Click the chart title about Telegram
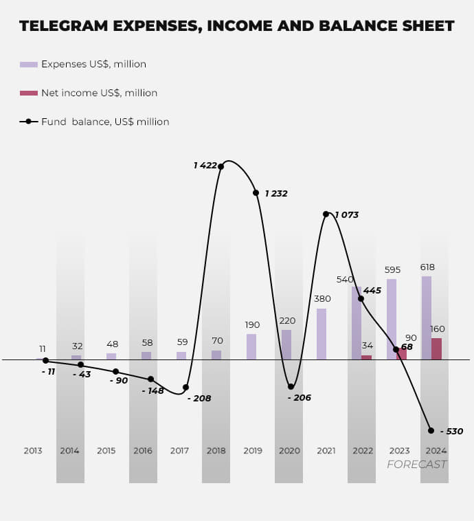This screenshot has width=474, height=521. (236, 26)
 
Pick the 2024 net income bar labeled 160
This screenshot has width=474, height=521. (436, 348)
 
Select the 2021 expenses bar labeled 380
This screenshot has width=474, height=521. (321, 333)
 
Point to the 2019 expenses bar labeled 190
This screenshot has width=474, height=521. (251, 346)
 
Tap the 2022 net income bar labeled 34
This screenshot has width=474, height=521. (366, 357)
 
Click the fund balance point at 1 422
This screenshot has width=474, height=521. (221, 166)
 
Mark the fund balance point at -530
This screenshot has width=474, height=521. (431, 430)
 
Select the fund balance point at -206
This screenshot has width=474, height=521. (291, 387)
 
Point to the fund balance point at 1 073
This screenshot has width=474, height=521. (326, 214)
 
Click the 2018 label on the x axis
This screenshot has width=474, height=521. (216, 451)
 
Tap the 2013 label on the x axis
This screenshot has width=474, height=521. (33, 451)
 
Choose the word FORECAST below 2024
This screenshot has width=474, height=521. (416, 465)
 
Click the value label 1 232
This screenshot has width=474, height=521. (276, 194)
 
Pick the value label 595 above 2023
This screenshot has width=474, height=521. (393, 270)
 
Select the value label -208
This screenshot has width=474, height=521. (199, 398)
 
